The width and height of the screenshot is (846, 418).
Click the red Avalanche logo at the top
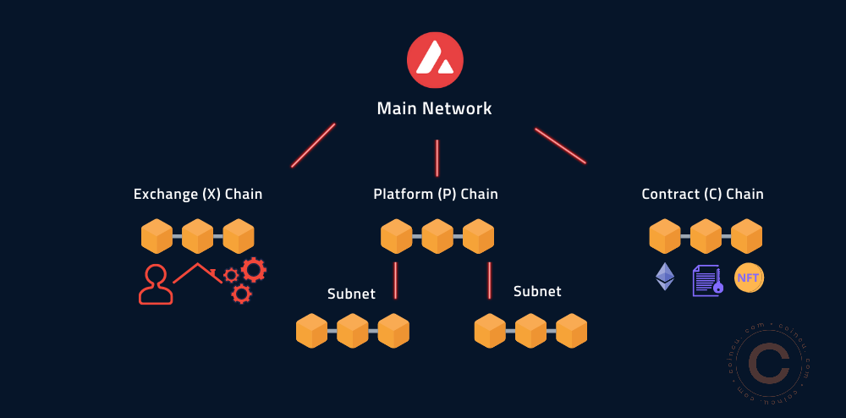point(435,61)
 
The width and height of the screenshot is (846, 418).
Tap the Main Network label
point(434,108)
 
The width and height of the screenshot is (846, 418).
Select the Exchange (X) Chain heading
point(198,195)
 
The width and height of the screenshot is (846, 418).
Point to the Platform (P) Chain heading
point(436,195)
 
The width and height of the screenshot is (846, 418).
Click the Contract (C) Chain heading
point(702,195)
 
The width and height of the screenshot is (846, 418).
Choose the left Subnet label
point(351,294)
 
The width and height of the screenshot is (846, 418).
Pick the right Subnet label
point(537,291)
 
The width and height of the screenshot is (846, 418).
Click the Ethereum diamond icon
point(666,277)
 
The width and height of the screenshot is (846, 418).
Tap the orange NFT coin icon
point(749,278)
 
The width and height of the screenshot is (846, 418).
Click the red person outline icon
point(155,285)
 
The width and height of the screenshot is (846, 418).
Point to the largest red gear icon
point(254,270)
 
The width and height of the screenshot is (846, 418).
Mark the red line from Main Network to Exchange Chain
point(313,146)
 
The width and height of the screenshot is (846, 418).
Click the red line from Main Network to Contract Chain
point(560,146)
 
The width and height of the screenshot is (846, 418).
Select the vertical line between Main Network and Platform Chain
point(437,157)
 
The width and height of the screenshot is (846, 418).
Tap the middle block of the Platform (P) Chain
point(437,236)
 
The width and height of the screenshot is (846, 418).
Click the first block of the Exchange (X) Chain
point(157,236)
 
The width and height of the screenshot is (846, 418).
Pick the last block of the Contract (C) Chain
point(746,236)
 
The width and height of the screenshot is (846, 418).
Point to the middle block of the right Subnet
point(530,331)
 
